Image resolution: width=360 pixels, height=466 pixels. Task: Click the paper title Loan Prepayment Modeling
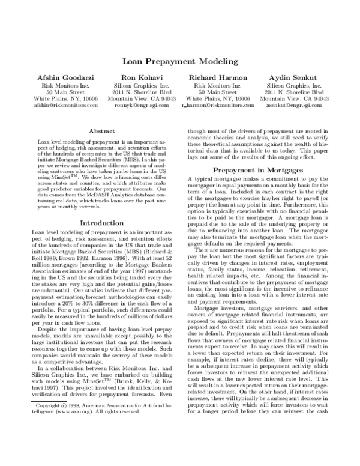tap(180, 61)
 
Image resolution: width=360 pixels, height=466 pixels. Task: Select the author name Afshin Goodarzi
tap(65, 78)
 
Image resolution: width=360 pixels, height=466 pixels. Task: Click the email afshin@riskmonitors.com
tap(65, 105)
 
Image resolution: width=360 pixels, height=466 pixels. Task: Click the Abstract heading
tap(102, 130)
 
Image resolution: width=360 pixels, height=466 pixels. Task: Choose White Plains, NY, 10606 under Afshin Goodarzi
tap(65, 98)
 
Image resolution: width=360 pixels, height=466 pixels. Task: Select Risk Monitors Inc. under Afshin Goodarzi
tap(65, 85)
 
